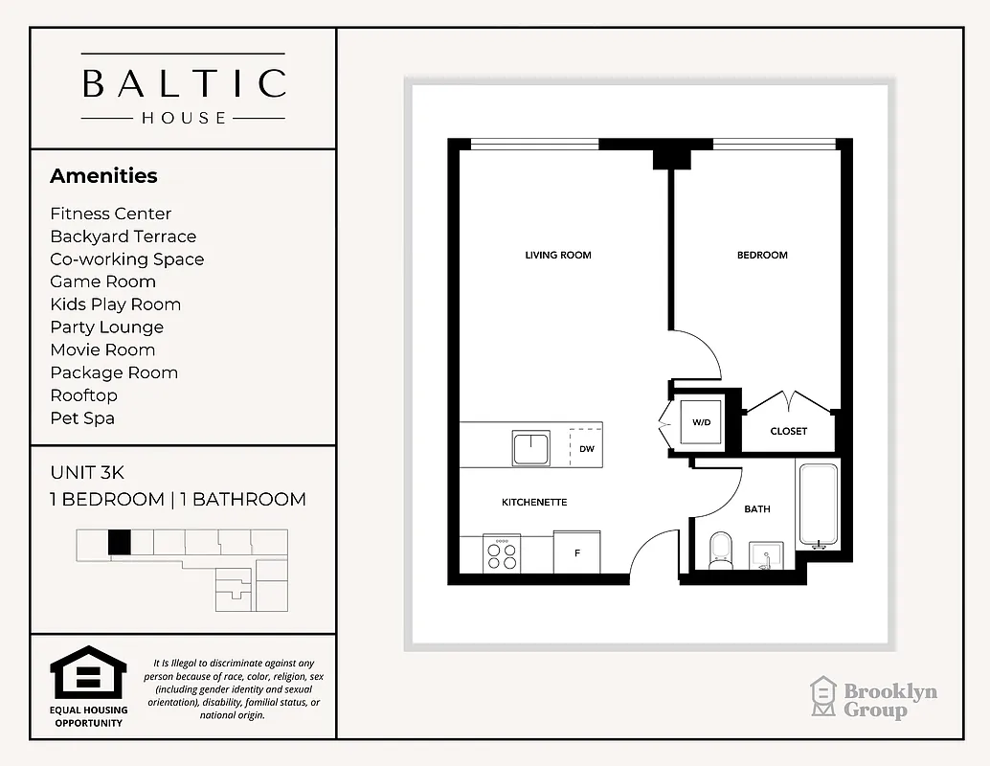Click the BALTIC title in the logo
point(184,83)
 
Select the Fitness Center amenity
point(111,214)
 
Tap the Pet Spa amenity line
point(83,418)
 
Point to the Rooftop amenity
point(84,395)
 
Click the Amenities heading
point(103,176)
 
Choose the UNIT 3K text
point(87,473)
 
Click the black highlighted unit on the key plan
point(119,542)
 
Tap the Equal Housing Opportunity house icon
point(87,673)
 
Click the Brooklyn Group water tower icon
point(823,697)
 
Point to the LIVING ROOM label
point(558,256)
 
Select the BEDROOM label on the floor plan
point(762,256)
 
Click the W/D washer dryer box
point(701,421)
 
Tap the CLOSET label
point(789,432)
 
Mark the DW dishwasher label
point(587,448)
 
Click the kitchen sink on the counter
point(530,448)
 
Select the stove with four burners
point(503,556)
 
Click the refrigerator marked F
point(577,554)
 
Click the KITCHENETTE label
point(534,503)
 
